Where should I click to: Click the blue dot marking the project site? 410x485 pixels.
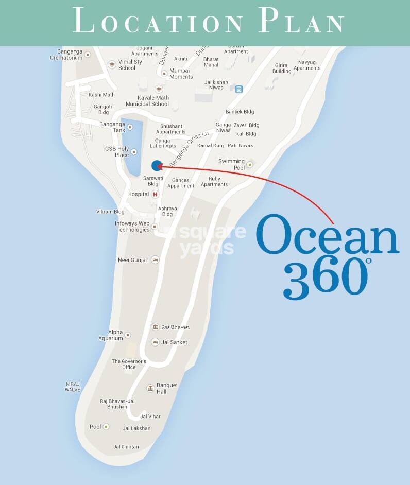(157, 165)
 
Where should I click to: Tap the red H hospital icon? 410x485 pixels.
(155, 194)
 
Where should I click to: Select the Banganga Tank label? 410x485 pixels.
(112, 127)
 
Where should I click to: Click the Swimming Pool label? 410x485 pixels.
(231, 164)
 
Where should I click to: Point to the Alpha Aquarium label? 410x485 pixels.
(111, 335)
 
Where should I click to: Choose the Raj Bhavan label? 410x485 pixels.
(175, 327)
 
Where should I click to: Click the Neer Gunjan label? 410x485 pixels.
(133, 260)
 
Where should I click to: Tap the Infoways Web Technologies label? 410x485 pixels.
(132, 227)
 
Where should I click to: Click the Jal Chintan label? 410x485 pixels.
(126, 447)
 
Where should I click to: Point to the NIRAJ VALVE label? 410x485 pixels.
(73, 387)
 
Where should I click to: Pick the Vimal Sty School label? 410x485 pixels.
(130, 64)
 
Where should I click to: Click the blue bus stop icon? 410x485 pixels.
(238, 89)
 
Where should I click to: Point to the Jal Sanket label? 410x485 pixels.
(174, 342)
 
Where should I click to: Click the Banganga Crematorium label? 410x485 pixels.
(66, 55)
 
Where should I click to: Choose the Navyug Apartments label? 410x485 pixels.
(307, 65)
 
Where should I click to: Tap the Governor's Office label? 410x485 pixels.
(129, 364)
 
